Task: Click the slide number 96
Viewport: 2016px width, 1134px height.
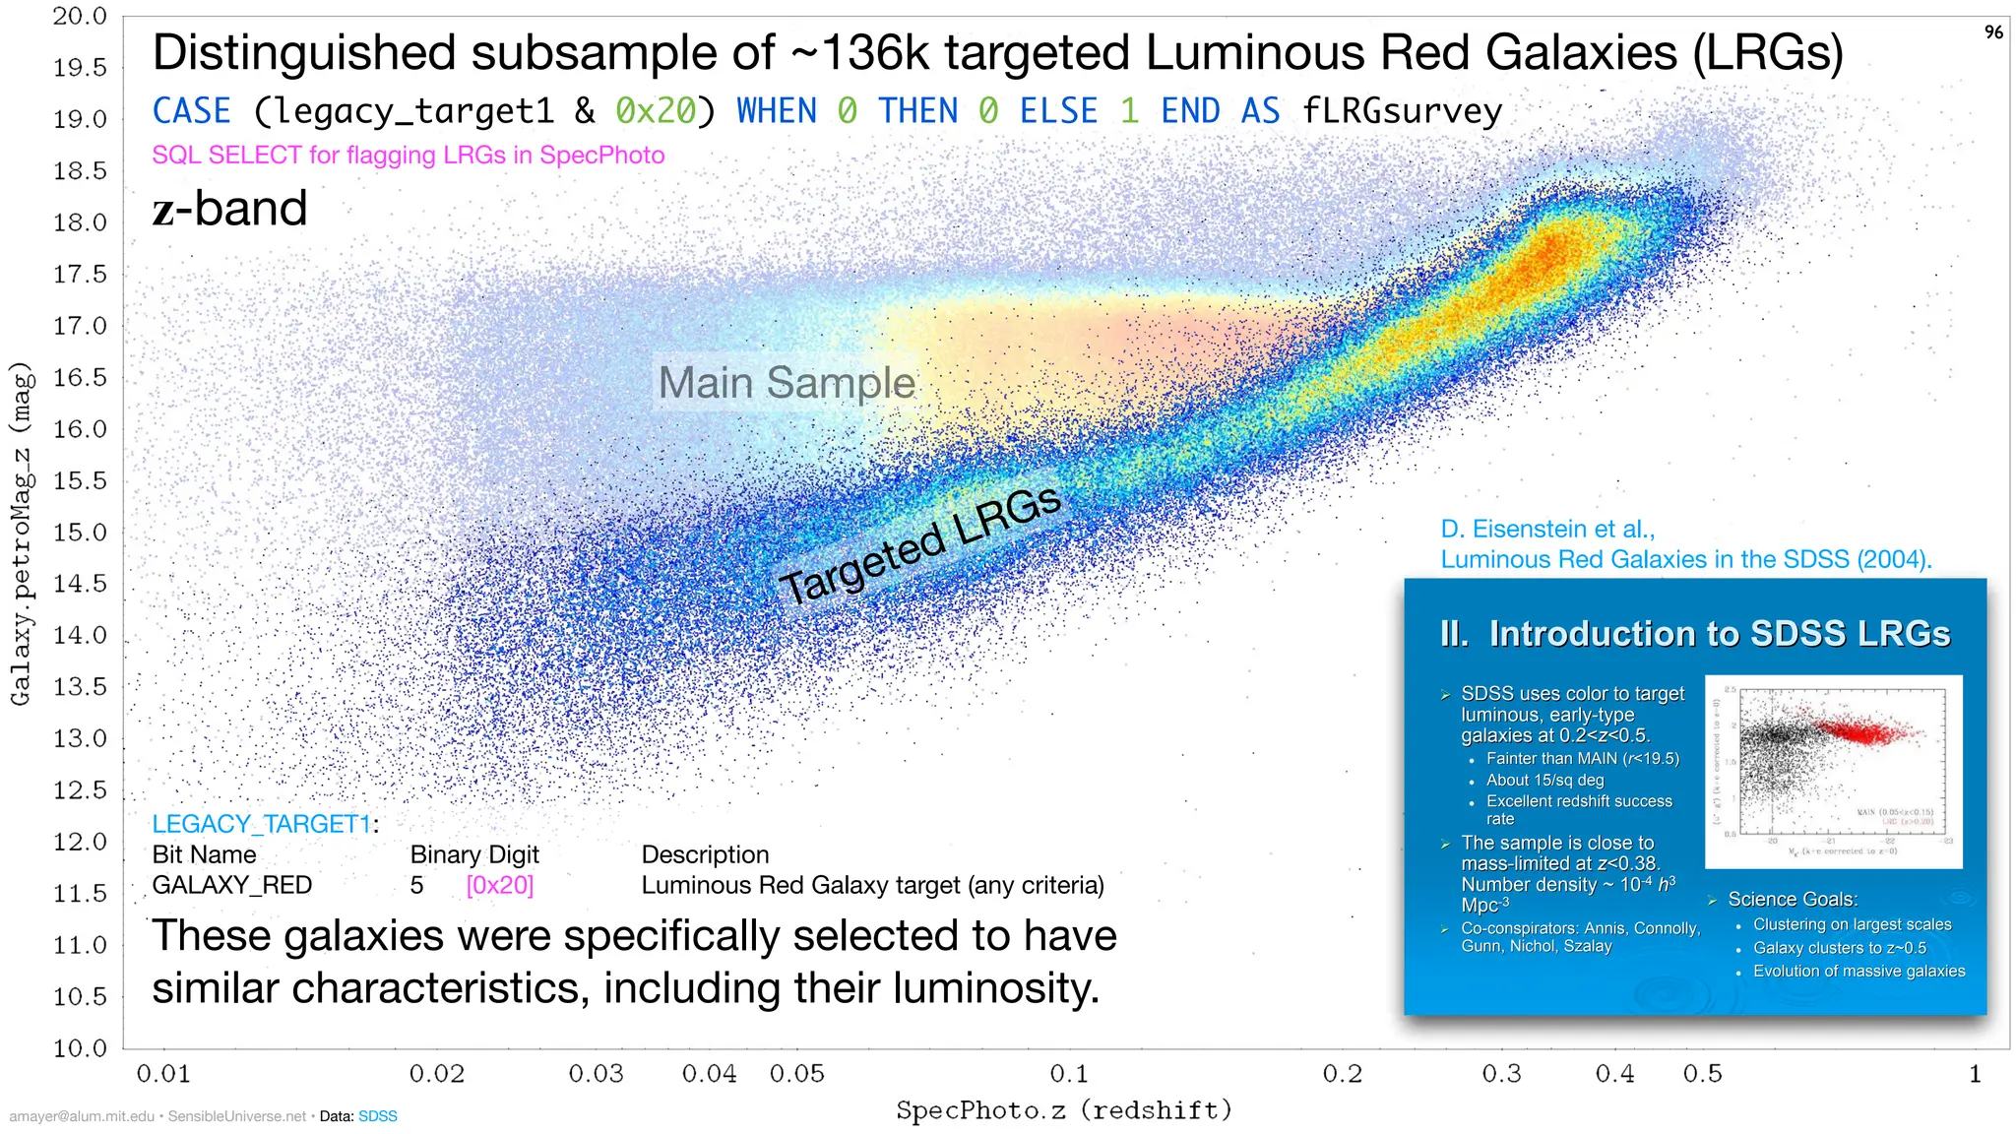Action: coord(1993,32)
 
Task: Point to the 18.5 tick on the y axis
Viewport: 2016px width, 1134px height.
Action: coord(80,171)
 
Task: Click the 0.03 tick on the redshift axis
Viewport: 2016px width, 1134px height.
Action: coord(596,1074)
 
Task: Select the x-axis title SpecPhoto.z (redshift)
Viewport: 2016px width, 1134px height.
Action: coord(1063,1110)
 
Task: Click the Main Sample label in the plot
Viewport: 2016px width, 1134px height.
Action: coord(787,382)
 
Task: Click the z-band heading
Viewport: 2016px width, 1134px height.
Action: coord(229,209)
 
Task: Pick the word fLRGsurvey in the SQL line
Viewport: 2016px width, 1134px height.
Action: coord(1401,111)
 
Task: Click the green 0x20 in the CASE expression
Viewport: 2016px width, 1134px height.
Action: coord(655,111)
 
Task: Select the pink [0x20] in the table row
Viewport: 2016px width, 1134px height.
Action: coord(500,885)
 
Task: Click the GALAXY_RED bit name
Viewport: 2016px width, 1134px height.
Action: coord(231,885)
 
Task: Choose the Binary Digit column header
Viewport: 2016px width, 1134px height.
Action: coord(474,854)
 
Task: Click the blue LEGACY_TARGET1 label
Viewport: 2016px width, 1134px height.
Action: coord(262,824)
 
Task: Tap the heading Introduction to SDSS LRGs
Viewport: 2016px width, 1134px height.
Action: coord(1694,633)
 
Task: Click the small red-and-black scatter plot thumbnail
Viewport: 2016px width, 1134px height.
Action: coord(1833,771)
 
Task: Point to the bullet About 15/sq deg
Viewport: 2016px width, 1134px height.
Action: coord(1544,780)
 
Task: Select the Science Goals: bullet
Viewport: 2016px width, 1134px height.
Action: coord(1792,899)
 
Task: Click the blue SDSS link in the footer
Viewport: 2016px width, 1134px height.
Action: coord(377,1116)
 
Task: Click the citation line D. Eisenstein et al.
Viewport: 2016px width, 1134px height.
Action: coord(1547,529)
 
